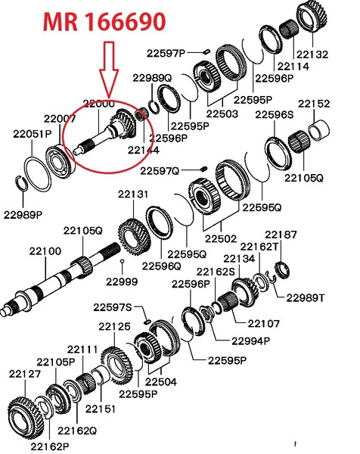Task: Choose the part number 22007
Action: (59, 118)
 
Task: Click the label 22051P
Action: (32, 134)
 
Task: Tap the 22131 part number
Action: (132, 194)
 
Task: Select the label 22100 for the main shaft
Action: (45, 250)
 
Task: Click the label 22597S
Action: (113, 307)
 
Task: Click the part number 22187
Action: (281, 236)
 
